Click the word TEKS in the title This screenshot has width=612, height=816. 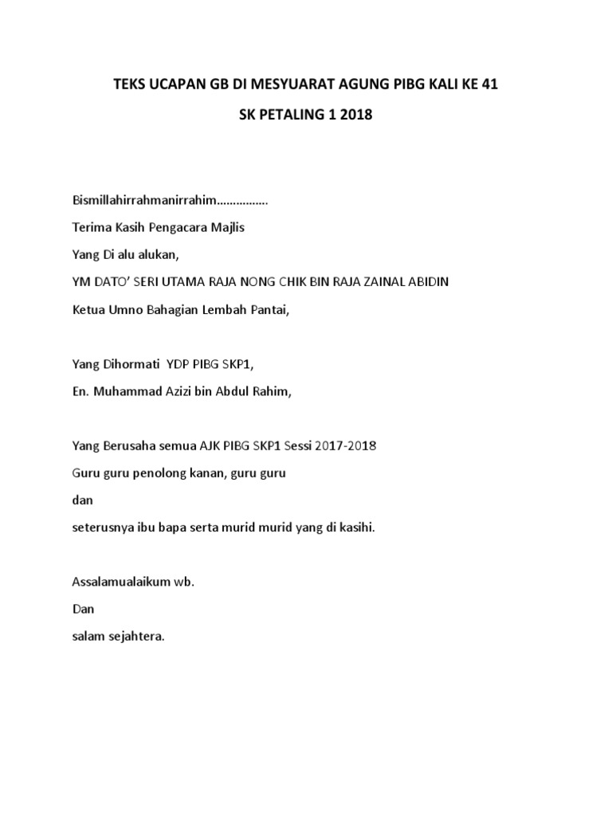pos(131,85)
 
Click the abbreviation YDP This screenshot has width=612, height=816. pos(178,363)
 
